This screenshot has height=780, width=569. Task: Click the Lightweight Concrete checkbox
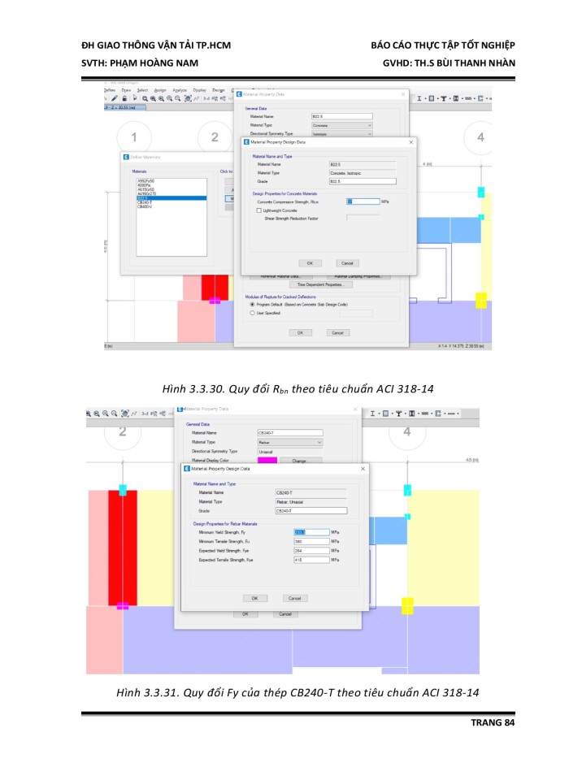click(x=258, y=210)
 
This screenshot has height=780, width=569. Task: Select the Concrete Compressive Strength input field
click(x=363, y=201)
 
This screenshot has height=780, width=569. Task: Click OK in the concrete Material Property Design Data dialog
click(x=309, y=263)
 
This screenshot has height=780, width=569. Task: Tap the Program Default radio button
click(x=252, y=304)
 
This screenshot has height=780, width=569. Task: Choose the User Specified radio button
click(x=252, y=312)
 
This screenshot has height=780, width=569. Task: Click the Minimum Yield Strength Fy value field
click(x=311, y=532)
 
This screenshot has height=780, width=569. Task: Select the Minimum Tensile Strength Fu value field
click(x=311, y=541)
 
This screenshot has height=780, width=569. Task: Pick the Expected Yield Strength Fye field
click(x=311, y=550)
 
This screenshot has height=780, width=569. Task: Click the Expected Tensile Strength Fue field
click(x=311, y=560)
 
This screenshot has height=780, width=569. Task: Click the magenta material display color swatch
click(x=267, y=461)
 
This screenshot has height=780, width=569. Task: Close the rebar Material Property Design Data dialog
click(x=363, y=469)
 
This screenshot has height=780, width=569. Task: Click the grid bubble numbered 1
click(x=135, y=137)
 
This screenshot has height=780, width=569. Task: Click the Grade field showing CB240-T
click(x=311, y=511)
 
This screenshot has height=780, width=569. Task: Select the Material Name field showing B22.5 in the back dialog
click(x=341, y=117)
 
